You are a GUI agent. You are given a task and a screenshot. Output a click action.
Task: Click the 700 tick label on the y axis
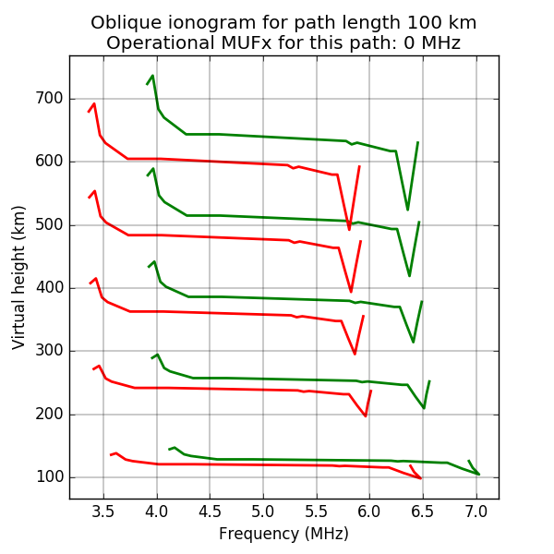pyautogui.click(x=49, y=99)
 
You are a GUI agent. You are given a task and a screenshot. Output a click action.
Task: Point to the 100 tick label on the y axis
pyautogui.click(x=49, y=477)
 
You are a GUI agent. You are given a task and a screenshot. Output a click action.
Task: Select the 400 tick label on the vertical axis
pyautogui.click(x=49, y=288)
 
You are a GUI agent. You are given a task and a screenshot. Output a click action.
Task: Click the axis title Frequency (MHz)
pyautogui.click(x=283, y=534)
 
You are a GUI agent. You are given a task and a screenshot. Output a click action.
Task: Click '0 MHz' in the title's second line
pyautogui.click(x=429, y=42)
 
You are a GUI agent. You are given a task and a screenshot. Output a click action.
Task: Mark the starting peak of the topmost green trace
pyautogui.click(x=153, y=76)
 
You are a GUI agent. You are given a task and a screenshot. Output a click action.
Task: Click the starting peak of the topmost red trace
pyautogui.click(x=94, y=103)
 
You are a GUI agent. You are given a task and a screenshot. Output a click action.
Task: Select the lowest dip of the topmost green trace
pyautogui.click(x=407, y=210)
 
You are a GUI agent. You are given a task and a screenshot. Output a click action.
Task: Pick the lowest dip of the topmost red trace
pyautogui.click(x=349, y=230)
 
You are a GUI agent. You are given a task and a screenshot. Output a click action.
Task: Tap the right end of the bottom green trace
pyautogui.click(x=478, y=475)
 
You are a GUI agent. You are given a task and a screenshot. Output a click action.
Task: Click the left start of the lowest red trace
pyautogui.click(x=110, y=455)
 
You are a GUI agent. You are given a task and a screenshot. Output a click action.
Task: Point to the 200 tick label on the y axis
pyautogui.click(x=49, y=415)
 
